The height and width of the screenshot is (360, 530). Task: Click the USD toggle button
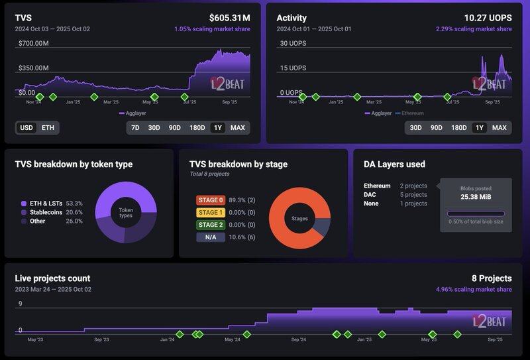point(26,127)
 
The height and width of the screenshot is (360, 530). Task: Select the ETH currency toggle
point(48,127)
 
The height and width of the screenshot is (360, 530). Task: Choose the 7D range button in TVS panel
point(135,127)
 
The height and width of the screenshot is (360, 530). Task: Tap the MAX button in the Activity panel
point(499,127)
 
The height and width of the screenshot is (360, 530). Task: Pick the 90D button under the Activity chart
point(436,127)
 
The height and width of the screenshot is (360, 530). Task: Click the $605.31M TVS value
point(230,18)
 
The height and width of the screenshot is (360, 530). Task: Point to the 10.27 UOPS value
point(488,18)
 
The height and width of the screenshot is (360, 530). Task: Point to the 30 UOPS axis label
point(293,44)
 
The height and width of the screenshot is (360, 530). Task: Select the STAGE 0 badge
point(211,200)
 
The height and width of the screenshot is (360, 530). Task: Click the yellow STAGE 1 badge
point(211,212)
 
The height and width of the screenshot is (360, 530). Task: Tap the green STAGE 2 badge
point(211,225)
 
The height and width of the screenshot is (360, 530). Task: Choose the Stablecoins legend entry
point(46,212)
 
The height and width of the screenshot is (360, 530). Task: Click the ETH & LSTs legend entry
point(46,204)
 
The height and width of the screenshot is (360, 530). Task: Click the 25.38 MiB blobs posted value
point(476,197)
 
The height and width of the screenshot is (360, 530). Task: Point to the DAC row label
point(371,195)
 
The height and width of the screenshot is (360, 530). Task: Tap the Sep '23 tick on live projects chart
point(101,339)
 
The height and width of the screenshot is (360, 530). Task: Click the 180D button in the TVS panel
point(197,127)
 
